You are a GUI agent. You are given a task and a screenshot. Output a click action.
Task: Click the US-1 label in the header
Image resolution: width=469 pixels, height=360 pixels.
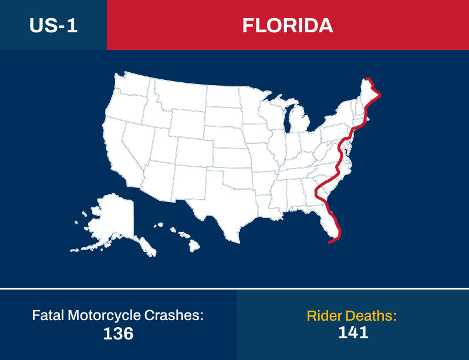coord(53,25)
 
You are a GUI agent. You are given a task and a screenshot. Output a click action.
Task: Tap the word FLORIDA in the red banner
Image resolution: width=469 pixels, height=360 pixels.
coord(288,25)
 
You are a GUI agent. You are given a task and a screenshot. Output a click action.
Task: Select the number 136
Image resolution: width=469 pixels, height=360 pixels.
coord(118,334)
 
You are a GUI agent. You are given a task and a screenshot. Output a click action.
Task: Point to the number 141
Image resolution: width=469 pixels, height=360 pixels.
coord(353,332)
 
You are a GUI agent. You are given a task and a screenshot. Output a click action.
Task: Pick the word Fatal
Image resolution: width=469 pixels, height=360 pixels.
coord(48,315)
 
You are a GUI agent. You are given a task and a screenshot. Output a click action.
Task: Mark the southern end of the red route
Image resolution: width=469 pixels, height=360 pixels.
coord(330,241)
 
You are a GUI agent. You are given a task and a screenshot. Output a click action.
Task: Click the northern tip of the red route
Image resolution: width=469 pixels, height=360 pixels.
coord(368,79)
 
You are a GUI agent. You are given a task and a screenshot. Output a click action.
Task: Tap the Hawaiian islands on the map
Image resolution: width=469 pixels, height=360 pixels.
coord(179,238)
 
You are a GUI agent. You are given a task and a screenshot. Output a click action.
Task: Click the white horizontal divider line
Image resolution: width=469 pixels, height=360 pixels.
coord(234,288)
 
